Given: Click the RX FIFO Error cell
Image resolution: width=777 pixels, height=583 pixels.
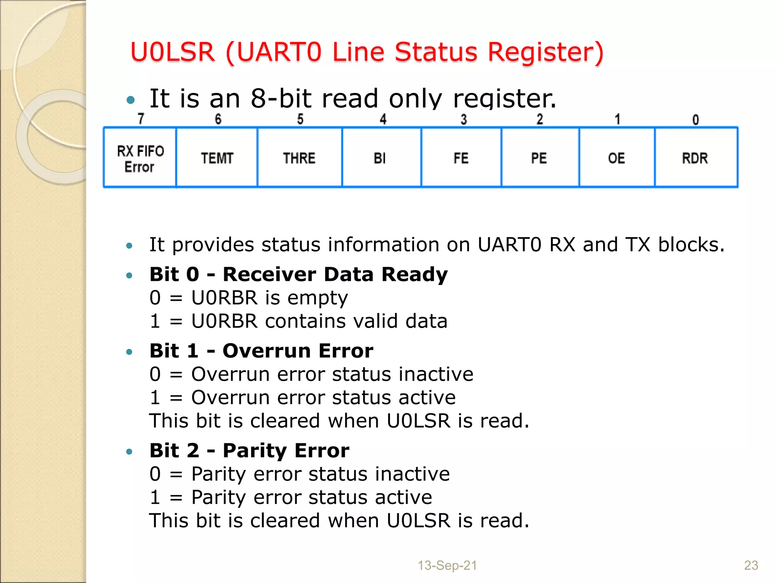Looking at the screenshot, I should (x=140, y=158).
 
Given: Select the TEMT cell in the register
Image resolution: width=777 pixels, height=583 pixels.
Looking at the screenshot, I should (x=217, y=158).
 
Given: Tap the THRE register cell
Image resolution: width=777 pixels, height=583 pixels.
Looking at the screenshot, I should (x=299, y=158).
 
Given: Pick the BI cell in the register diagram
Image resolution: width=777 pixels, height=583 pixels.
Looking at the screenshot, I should (x=381, y=158).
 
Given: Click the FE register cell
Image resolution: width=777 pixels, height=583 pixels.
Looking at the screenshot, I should (x=461, y=158).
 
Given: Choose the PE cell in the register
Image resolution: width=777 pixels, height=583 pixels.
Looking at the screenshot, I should (x=539, y=158).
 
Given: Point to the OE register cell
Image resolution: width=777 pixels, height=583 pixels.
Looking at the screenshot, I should (x=617, y=158).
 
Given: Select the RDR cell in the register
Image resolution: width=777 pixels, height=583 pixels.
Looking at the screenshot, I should (x=695, y=158).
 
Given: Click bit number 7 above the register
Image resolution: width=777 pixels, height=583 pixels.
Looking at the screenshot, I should (x=141, y=119).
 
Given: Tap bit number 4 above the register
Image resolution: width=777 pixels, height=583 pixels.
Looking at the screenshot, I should (x=383, y=119).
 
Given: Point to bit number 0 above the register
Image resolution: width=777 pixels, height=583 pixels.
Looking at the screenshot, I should (x=695, y=120).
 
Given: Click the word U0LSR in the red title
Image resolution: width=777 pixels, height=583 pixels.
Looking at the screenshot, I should (x=173, y=52).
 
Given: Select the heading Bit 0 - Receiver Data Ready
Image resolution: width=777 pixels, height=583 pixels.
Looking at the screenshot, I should (x=299, y=274).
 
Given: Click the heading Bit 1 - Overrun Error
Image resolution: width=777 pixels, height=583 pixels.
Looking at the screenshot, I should (x=261, y=351).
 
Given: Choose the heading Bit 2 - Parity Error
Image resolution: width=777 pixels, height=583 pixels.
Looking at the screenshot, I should (x=249, y=451).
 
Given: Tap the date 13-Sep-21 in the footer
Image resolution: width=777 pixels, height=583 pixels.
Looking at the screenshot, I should (x=447, y=566).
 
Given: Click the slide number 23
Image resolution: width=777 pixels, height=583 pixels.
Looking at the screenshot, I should (x=751, y=566).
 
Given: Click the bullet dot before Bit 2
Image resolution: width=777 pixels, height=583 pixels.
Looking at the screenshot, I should (x=129, y=452).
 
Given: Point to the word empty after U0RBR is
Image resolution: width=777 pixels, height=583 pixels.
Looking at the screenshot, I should (x=318, y=298).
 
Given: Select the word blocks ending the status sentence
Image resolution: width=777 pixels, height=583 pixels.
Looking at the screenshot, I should (x=691, y=245).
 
